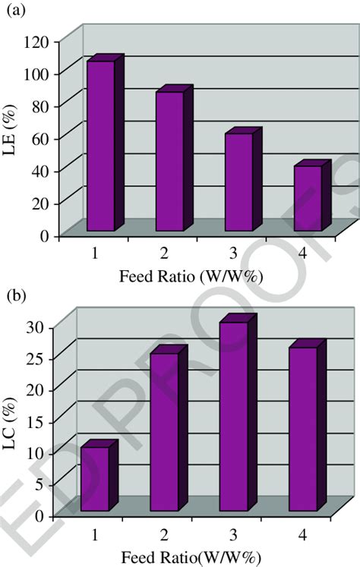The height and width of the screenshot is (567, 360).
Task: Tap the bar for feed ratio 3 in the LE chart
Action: tap(238, 181)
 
